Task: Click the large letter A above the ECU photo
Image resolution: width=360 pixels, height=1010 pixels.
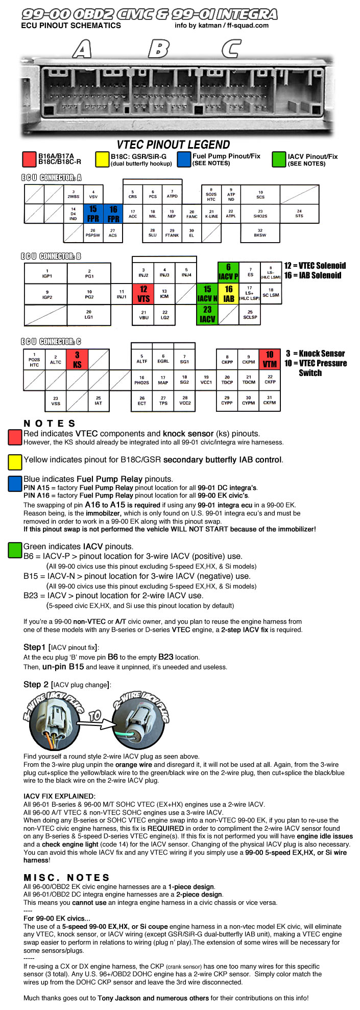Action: [82, 49]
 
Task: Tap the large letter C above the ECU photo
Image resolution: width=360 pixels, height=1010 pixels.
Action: [231, 49]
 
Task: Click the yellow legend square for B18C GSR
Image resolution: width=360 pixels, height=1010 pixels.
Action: [102, 159]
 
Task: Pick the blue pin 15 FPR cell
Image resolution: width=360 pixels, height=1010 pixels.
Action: [93, 214]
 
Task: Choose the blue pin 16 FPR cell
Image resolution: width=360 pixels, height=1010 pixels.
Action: [113, 214]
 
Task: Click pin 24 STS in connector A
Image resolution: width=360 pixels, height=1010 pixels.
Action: [299, 214]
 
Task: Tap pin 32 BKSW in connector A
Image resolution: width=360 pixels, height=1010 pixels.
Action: [260, 233]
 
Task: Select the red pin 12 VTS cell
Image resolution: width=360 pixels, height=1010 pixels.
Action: [143, 294]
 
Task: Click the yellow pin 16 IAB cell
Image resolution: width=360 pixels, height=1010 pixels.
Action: [229, 294]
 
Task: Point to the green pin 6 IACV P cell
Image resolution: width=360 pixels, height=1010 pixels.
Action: [228, 272]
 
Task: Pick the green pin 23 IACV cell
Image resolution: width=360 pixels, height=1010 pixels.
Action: [207, 314]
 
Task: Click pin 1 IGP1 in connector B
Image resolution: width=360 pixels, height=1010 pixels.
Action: [47, 273]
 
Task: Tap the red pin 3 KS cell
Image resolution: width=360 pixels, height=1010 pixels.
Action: [77, 360]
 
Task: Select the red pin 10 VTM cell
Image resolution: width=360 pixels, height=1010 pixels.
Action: [270, 359]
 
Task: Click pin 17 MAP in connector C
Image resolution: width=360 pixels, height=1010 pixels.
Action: [163, 380]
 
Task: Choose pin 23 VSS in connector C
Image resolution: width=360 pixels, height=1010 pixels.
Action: [56, 401]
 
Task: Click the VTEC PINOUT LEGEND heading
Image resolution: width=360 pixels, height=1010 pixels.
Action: [173, 145]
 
